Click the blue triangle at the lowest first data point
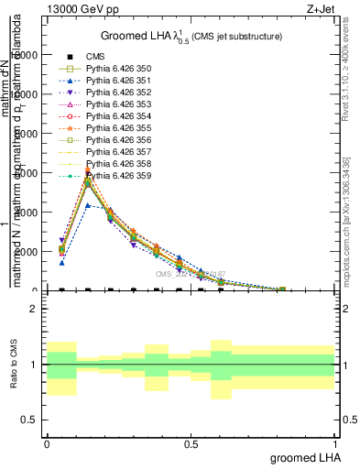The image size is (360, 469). [61, 262]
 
